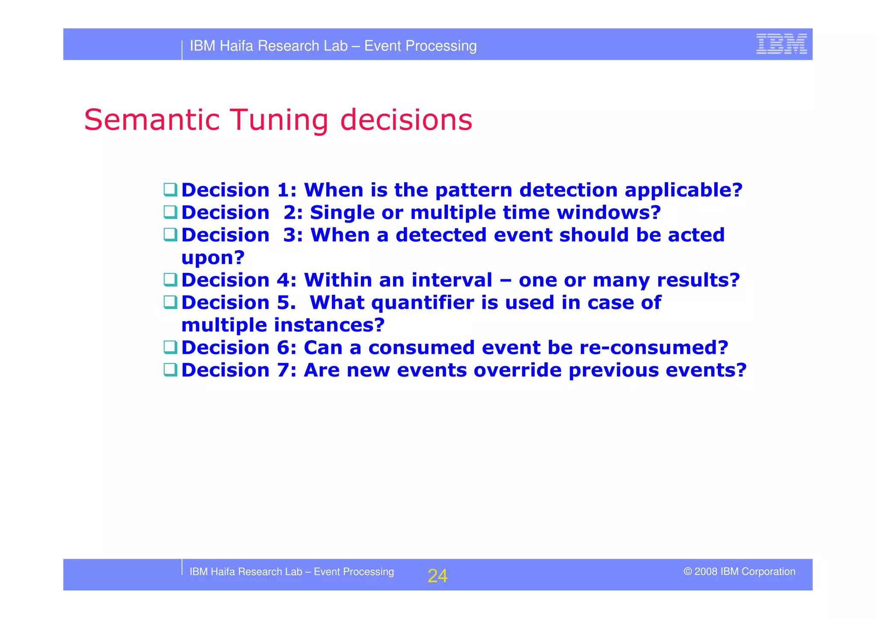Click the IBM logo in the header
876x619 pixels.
point(781,44)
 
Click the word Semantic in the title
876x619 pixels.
point(152,120)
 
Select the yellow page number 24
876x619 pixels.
point(437,576)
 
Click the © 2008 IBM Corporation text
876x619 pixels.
point(739,572)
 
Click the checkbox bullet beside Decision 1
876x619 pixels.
point(170,190)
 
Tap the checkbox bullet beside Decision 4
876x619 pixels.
point(170,280)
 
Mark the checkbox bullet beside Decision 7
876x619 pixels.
point(170,370)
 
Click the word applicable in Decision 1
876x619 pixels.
point(683,190)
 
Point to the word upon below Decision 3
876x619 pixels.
point(213,258)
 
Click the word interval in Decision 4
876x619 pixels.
point(452,280)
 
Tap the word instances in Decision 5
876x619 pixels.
point(329,326)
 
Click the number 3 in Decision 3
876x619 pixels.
point(290,235)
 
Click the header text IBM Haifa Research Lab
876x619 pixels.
point(269,46)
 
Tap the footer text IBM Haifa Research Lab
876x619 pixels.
point(246,572)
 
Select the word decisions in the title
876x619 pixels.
point(406,120)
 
